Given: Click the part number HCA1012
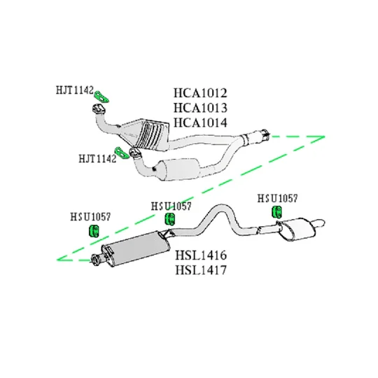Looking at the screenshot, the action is (x=200, y=93).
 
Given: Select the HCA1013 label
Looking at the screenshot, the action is (x=200, y=108).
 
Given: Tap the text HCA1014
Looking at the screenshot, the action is (x=200, y=122).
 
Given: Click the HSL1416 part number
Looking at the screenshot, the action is (x=201, y=255).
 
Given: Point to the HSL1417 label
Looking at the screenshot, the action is (x=201, y=270).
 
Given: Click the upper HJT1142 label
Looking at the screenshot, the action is (x=74, y=90).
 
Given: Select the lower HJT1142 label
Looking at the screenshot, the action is (x=97, y=159).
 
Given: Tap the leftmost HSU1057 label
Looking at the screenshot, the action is (x=90, y=217).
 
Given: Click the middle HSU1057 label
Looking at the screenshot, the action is (x=171, y=206).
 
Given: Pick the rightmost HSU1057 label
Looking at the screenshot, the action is (x=277, y=198).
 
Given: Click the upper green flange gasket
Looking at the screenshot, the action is (x=101, y=97).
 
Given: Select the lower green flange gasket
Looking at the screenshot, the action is (x=122, y=153).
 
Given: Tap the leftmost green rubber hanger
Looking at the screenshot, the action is (x=94, y=231).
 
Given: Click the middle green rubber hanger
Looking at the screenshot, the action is (x=170, y=218).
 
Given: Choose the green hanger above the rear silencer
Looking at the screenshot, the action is (x=277, y=211).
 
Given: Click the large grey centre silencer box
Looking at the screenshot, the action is (x=136, y=249).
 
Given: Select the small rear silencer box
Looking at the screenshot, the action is (x=297, y=229).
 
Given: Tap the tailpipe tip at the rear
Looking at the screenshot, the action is (x=319, y=223).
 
